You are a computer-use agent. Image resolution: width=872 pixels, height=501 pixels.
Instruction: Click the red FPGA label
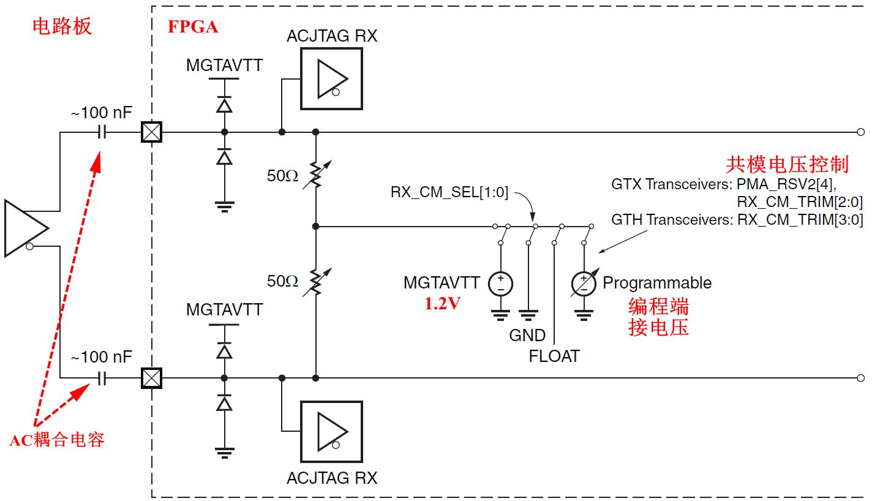click(192, 27)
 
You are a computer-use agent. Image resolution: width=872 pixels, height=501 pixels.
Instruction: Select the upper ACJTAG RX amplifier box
click(331, 79)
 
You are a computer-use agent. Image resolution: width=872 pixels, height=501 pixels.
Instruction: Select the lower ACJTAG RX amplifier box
click(331, 432)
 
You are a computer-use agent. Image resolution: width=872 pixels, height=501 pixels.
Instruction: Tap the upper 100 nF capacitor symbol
click(102, 132)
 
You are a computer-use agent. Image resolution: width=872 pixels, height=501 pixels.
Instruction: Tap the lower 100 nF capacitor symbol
click(102, 379)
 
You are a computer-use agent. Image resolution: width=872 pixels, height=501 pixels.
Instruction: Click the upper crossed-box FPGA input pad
click(151, 132)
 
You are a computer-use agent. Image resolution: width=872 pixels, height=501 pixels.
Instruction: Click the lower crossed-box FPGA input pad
click(151, 379)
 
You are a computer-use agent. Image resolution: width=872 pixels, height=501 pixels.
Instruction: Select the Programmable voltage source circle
click(584, 284)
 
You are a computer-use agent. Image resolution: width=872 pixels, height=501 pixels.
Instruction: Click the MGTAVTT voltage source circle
click(500, 284)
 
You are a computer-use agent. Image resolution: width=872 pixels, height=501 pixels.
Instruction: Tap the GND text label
click(527, 336)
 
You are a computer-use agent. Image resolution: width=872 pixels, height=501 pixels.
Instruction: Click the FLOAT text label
click(554, 356)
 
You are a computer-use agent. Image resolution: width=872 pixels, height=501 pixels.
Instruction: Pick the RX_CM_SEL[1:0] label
click(449, 192)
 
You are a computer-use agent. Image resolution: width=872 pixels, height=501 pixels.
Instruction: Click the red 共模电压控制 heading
click(787, 164)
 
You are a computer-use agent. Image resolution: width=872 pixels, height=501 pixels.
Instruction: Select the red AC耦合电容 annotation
click(57, 440)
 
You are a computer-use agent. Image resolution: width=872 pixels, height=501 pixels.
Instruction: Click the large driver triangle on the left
click(24, 227)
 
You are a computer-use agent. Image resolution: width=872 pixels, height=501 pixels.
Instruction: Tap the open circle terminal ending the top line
click(860, 132)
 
